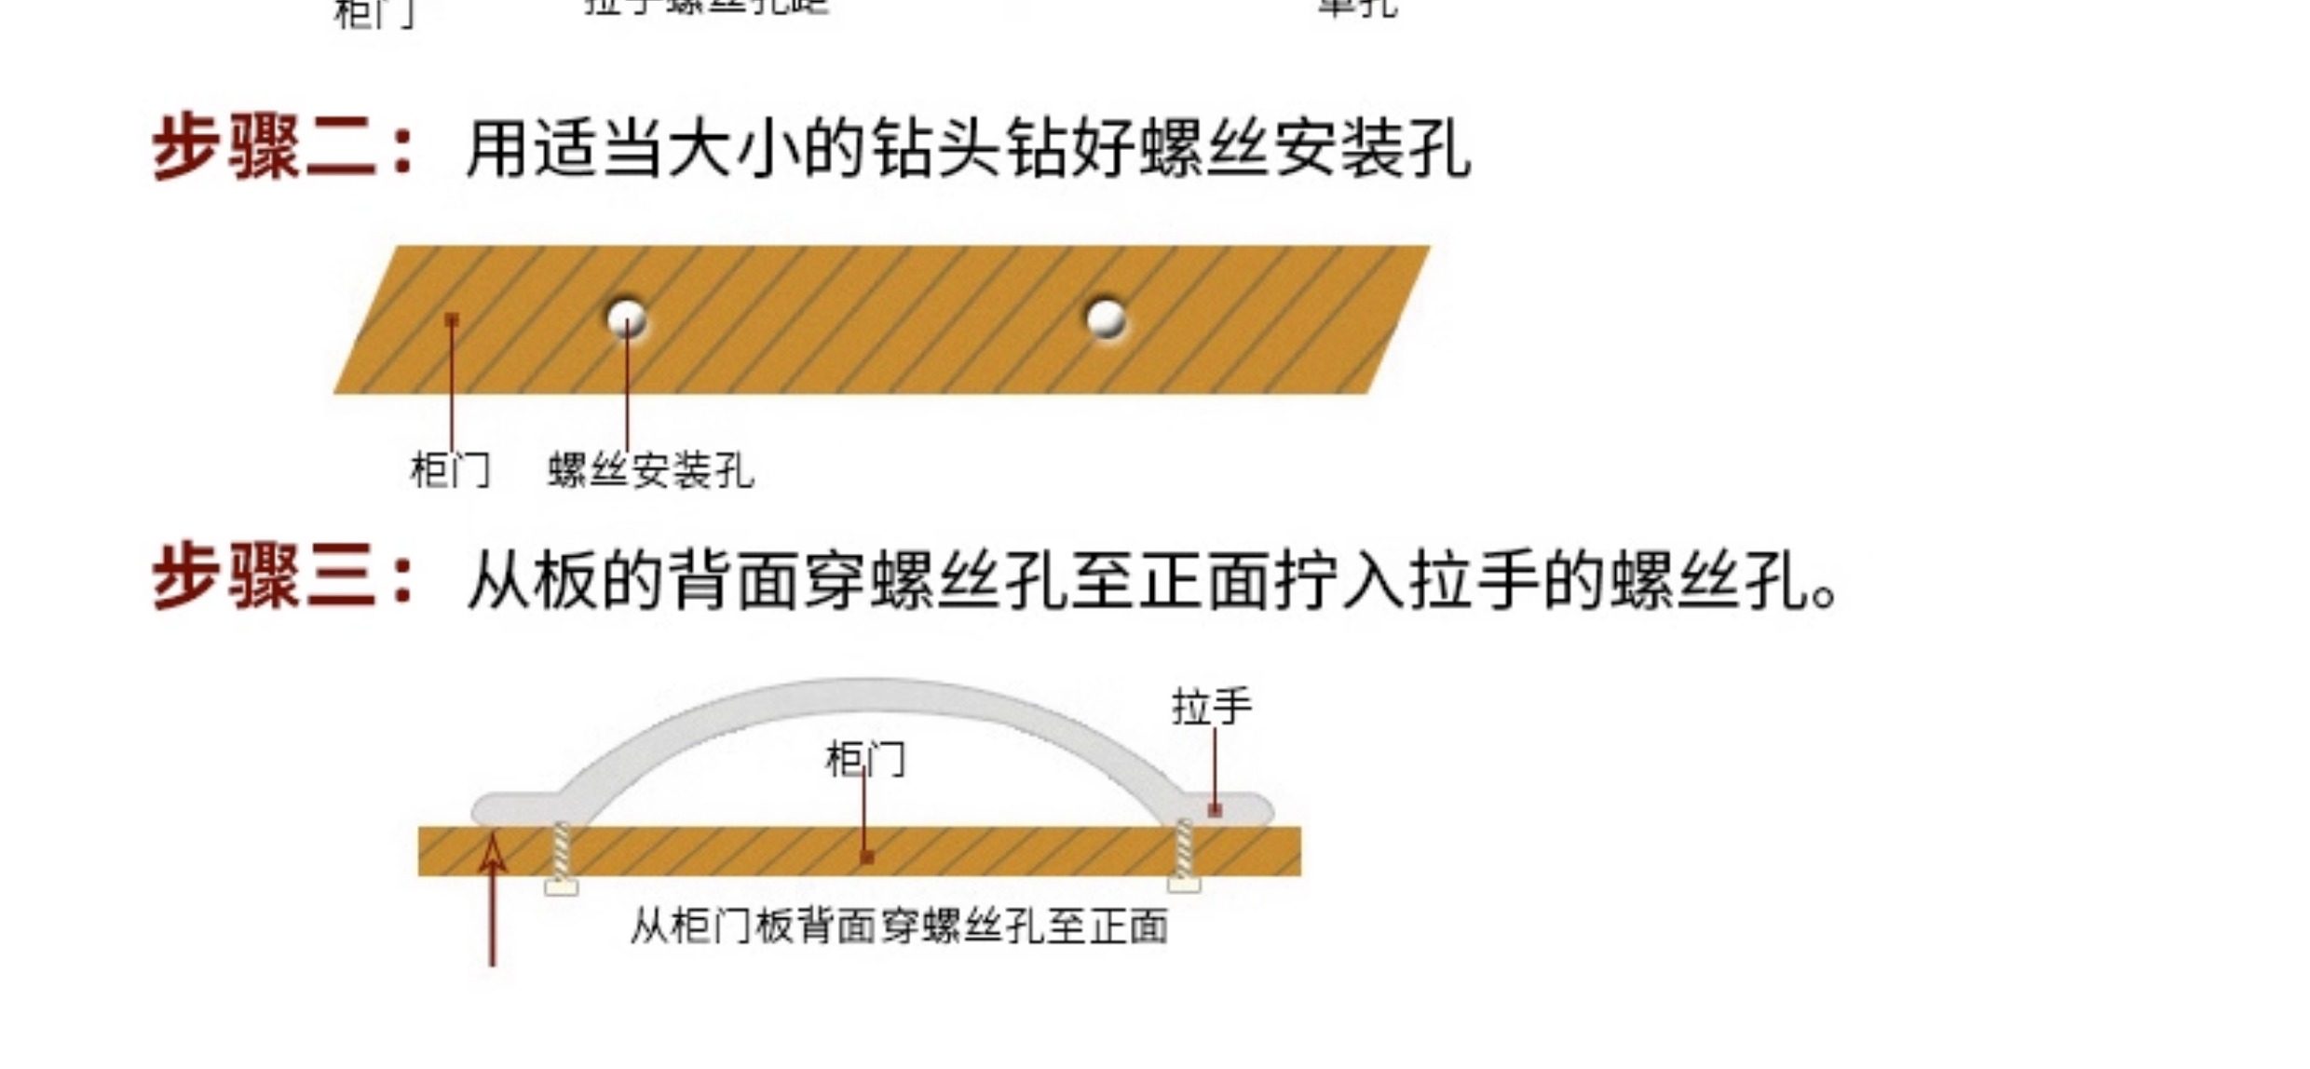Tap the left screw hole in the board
626,318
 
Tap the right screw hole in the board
1106,318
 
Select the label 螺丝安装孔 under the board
650,470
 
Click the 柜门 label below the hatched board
450,470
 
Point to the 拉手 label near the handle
1211,707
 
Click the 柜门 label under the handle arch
864,760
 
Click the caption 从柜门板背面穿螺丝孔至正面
899,927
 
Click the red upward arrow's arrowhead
493,852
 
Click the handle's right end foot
1230,806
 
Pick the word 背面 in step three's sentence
699,579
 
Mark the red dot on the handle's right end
1215,810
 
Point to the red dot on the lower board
867,856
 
